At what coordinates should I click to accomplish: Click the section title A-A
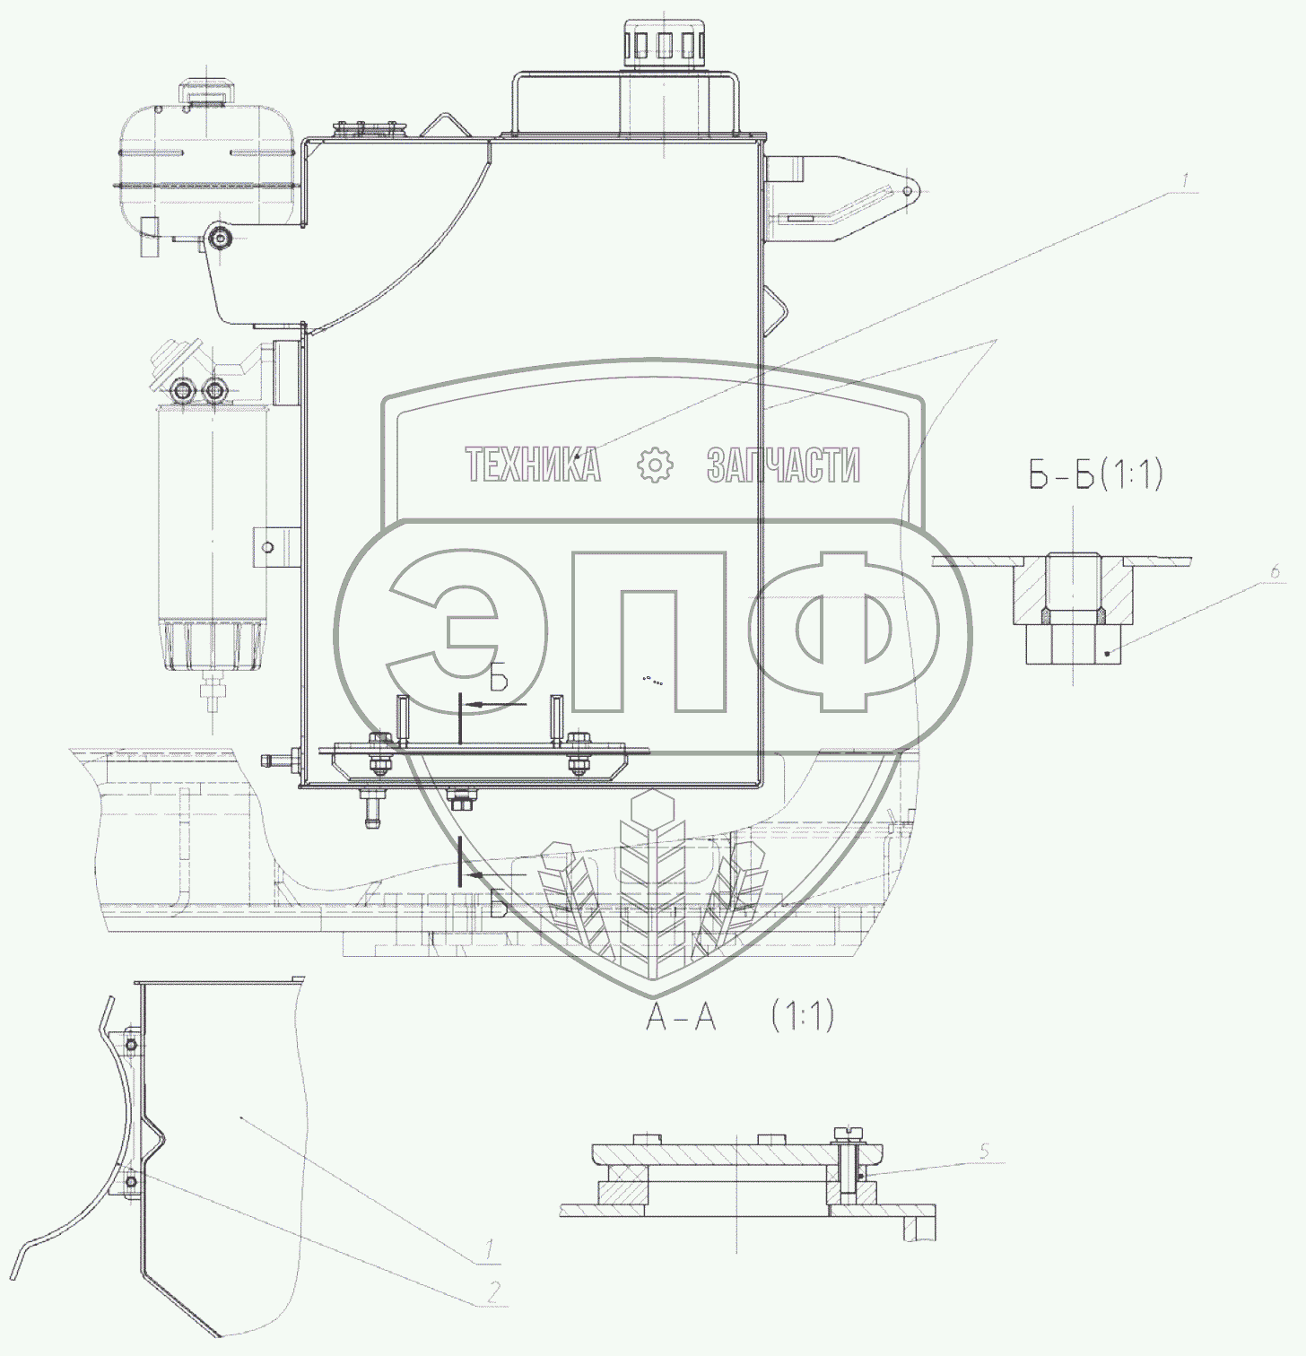click(x=682, y=1017)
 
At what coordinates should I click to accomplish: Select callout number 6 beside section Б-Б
click(x=1276, y=570)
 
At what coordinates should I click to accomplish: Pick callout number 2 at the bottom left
click(x=492, y=1291)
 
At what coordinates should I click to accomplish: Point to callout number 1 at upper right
click(x=1184, y=181)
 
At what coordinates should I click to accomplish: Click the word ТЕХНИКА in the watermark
click(x=533, y=465)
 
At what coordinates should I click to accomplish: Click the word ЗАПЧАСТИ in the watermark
click(x=783, y=465)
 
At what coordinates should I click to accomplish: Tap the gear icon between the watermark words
click(x=654, y=465)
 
